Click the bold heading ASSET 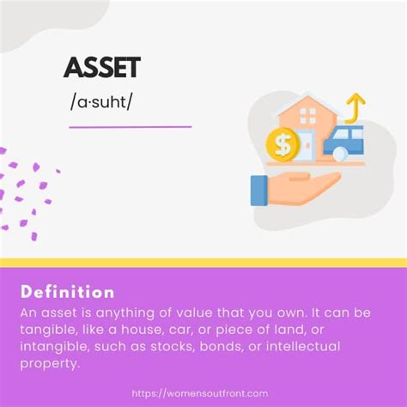click(102, 68)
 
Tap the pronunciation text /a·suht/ click(101, 102)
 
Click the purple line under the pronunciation click(131, 126)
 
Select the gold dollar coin click(283, 144)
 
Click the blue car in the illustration click(343, 143)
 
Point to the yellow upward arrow click(355, 108)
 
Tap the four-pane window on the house click(307, 116)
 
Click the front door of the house click(307, 145)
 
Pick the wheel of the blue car click(340, 154)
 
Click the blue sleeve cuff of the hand click(259, 191)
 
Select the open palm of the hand click(303, 188)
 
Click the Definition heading click(68, 292)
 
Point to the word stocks click(173, 347)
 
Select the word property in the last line click(49, 364)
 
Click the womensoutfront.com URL click(200, 393)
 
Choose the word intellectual click(303, 346)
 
